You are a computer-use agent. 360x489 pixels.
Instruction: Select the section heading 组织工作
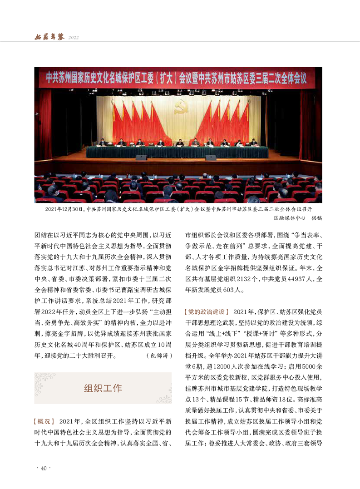tap(103, 388)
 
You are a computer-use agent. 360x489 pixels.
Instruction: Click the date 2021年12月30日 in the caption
tap(64, 210)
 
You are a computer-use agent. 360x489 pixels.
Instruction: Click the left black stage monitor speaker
tap(141, 158)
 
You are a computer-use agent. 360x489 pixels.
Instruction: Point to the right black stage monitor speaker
tap(211, 158)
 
